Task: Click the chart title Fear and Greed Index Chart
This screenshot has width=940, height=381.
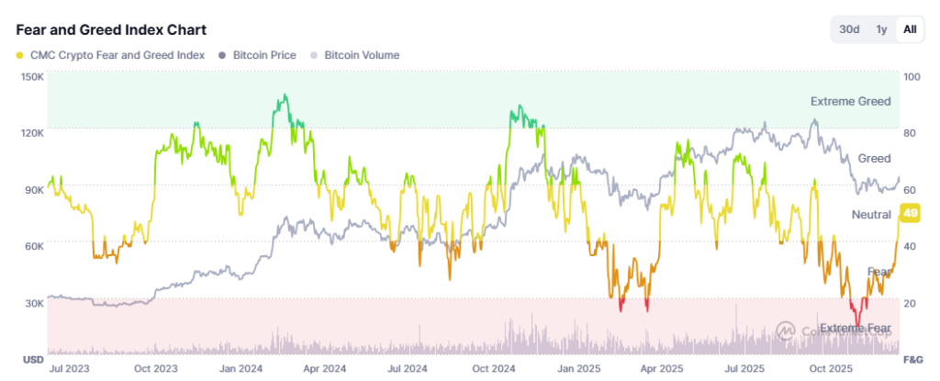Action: [111, 30]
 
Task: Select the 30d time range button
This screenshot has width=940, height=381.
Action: [849, 29]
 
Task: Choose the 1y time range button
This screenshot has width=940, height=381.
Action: [881, 29]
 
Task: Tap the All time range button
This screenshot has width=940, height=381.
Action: [910, 29]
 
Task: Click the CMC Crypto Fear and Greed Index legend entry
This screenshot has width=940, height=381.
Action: [110, 55]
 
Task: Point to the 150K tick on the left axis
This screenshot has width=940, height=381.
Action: [32, 76]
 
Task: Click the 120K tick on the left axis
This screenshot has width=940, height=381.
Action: [32, 133]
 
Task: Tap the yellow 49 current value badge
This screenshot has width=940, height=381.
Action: [911, 213]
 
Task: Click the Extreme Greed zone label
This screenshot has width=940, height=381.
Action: [850, 101]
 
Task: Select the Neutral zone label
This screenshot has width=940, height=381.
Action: [871, 214]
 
